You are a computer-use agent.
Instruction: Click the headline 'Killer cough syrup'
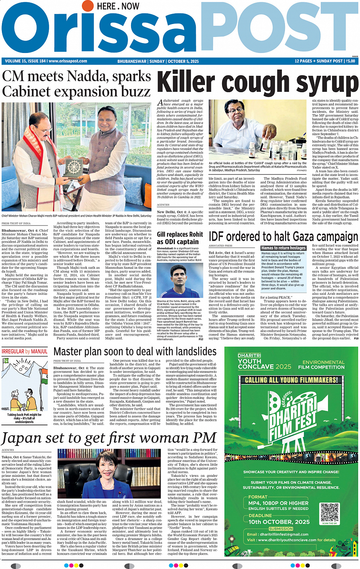coord(258,83)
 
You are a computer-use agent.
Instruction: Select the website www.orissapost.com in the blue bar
coord(68,61)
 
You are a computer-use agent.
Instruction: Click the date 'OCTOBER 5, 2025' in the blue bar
coord(183,61)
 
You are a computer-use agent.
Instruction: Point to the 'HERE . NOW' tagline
coord(118,6)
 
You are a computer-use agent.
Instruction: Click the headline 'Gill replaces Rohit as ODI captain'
coord(180,238)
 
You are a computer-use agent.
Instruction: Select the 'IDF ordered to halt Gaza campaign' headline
coord(283,237)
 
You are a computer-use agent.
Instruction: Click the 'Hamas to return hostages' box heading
coord(283,248)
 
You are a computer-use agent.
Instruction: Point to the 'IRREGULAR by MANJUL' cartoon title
coord(25,351)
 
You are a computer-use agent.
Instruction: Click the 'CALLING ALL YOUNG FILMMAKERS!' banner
coord(291,380)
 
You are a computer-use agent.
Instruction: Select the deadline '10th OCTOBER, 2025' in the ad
coord(279,522)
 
